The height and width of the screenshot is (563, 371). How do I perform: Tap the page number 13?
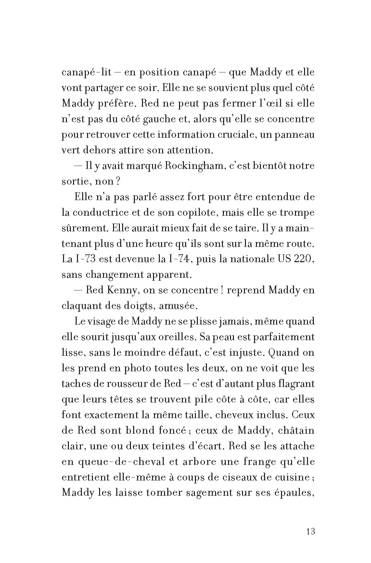pos(310,532)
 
